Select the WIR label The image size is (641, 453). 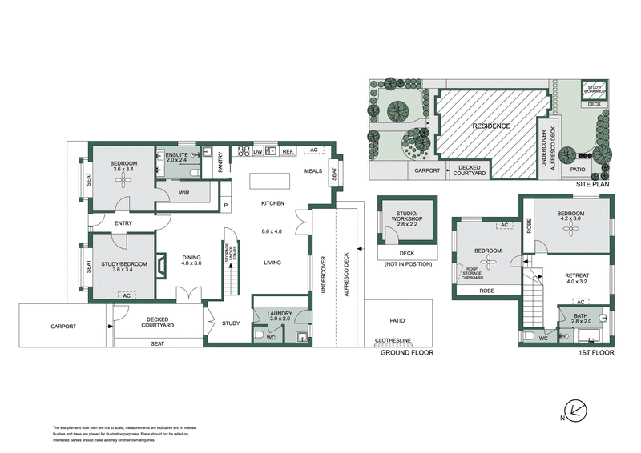(184, 193)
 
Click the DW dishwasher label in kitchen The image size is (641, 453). (258, 150)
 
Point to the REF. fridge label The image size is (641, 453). (288, 150)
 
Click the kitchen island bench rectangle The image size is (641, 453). (267, 181)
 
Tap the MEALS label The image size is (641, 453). (313, 170)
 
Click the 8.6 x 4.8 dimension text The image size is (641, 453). (272, 232)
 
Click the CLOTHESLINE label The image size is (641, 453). (393, 339)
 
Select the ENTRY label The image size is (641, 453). (124, 223)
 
